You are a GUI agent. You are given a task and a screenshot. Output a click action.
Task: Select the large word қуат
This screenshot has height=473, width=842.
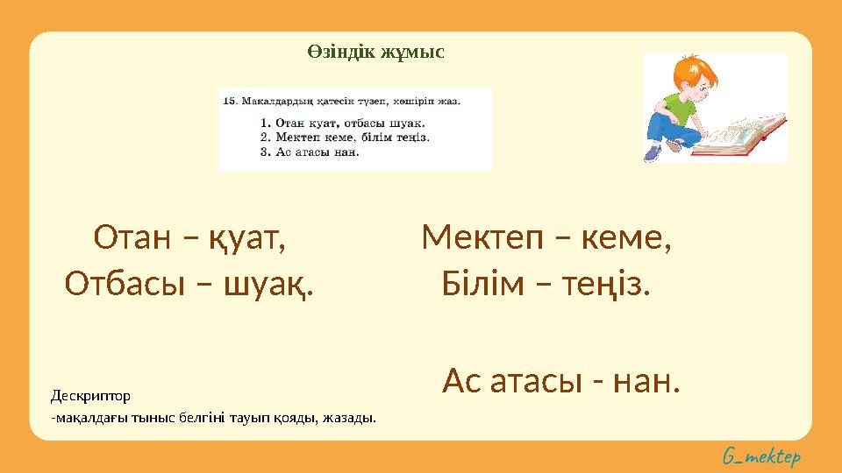(x=248, y=237)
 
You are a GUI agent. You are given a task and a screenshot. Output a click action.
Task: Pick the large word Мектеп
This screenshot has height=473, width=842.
(x=481, y=237)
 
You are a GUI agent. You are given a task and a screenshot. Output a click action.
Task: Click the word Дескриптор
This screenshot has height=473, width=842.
(x=90, y=396)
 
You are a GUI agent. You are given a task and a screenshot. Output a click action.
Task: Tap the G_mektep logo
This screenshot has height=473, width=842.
(x=761, y=456)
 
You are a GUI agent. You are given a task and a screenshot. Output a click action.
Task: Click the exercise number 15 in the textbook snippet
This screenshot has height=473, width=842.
(x=231, y=101)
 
